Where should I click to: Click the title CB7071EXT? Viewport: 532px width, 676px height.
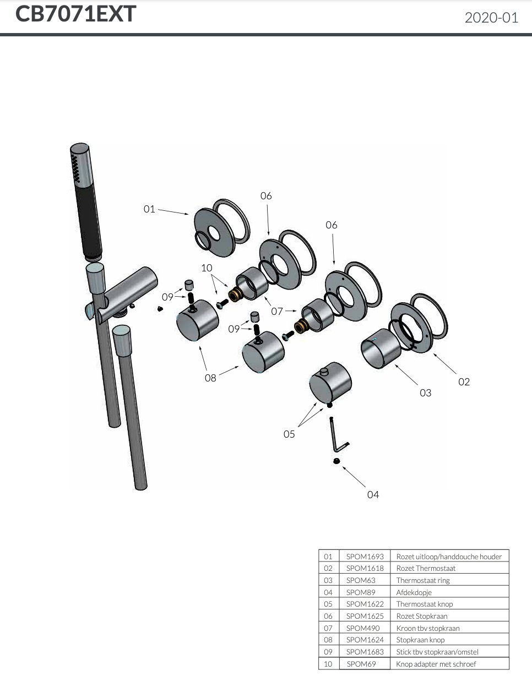75,15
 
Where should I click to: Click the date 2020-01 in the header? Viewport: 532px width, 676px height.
491,18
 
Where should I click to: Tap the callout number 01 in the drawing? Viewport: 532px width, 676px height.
149,209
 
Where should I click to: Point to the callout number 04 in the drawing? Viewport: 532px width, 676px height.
373,495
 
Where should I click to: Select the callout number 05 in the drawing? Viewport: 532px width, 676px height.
289,434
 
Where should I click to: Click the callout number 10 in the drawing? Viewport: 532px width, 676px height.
206,268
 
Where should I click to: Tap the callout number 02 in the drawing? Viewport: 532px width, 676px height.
464,381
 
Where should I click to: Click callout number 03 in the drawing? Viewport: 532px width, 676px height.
425,392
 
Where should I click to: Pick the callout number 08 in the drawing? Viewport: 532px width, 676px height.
210,378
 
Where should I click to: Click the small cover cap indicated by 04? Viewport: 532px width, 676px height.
335,461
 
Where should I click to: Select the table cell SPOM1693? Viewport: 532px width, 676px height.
365,557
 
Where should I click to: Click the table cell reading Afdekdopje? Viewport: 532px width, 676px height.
414,592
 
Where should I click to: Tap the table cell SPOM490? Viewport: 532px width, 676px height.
363,628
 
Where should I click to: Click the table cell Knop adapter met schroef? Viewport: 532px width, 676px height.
436,664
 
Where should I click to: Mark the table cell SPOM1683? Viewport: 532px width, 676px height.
365,652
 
